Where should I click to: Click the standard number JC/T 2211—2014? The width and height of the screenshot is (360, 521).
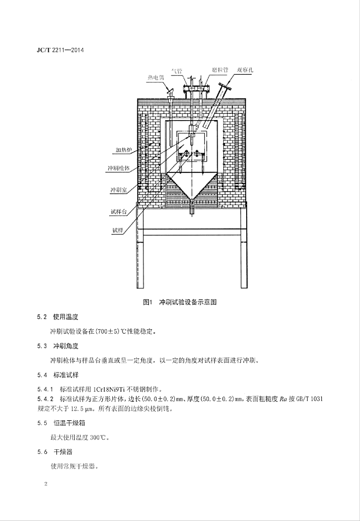tap(60, 50)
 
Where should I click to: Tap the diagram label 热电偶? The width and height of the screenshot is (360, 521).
tap(156, 77)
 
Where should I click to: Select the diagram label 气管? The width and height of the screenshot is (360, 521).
tap(177, 70)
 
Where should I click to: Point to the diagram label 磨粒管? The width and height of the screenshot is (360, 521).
tap(220, 70)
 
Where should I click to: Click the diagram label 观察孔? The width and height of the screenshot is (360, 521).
tap(245, 70)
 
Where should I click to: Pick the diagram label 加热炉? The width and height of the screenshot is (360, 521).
tap(124, 150)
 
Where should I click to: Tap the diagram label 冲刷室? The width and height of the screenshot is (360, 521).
tap(118, 190)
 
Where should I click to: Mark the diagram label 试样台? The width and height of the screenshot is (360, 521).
tap(119, 212)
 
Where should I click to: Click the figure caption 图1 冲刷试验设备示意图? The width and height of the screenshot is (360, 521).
tap(179, 302)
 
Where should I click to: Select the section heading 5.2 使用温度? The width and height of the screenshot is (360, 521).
tap(57, 316)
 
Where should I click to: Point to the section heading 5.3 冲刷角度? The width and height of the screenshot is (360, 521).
tap(57, 346)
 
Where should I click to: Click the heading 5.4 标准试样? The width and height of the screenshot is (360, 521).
tap(57, 375)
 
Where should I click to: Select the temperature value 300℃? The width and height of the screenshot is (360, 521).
tap(99, 438)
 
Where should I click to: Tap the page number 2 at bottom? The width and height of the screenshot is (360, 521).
tap(46, 484)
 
